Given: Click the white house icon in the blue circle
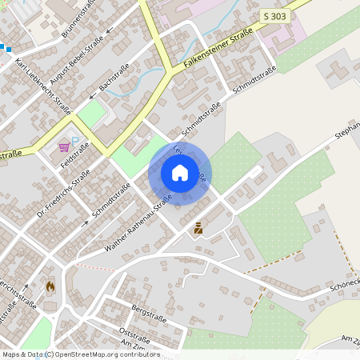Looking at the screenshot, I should point(180,173).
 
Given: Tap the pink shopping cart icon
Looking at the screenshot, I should point(64,147).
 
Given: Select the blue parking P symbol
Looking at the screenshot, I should point(76,142).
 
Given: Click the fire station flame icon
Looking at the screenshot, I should point(50,285).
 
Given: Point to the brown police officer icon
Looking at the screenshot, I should point(198,228).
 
